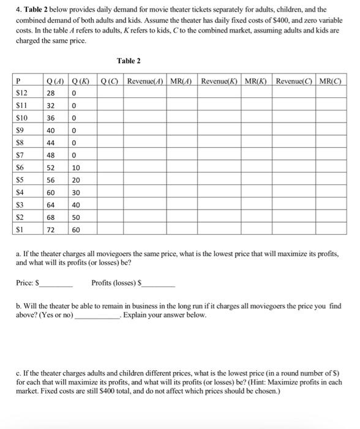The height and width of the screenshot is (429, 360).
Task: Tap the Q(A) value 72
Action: [51, 230]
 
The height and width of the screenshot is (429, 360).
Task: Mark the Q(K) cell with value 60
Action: [75, 230]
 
